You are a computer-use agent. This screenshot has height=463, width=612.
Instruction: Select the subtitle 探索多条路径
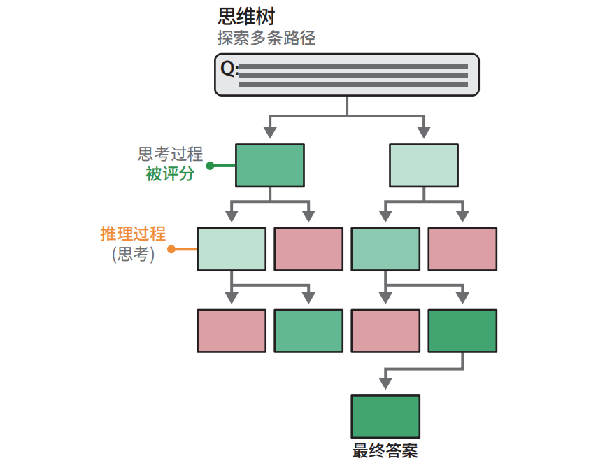coord(266,38)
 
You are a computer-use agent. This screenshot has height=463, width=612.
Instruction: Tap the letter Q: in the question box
coord(229,68)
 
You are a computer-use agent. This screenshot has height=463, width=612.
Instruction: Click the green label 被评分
coord(170,174)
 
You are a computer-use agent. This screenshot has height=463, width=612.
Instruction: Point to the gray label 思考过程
coord(170,155)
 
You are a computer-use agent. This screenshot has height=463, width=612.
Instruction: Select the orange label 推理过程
coord(133,234)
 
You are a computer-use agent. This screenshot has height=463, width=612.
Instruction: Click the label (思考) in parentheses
coord(133,254)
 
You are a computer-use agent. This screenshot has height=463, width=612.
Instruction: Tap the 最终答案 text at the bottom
coord(385,451)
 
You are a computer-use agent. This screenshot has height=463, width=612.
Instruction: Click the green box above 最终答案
coord(385,417)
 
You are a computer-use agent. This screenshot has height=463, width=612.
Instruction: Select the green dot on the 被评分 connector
coord(209,166)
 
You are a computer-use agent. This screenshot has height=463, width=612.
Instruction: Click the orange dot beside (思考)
coord(171,248)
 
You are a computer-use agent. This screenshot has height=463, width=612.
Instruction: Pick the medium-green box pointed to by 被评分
coord(269,166)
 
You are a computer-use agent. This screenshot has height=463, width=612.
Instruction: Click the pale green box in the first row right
coord(423,166)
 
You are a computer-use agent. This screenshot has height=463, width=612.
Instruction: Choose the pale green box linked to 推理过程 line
coord(232,249)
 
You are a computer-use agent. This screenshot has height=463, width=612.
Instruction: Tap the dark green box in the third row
coord(462,331)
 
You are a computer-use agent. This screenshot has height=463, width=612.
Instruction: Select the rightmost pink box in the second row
coord(462,249)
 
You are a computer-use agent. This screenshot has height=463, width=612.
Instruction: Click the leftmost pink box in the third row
coord(232,331)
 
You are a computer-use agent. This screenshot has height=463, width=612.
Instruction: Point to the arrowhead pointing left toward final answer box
coord(383,383)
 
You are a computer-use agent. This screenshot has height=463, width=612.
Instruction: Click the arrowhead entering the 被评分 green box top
coord(270,133)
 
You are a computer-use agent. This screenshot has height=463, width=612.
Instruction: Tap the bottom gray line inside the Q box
coord(353,85)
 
